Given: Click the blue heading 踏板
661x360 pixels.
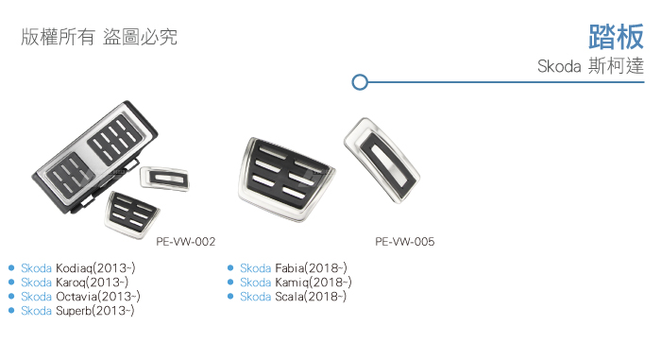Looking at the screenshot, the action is click(616, 37).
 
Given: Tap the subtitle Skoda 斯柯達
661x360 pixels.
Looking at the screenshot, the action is click(590, 66).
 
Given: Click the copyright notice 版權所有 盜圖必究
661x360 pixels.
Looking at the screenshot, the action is click(99, 37).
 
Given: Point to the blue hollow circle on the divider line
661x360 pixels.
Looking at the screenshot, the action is click(360, 82).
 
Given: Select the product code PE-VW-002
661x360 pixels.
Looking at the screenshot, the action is click(185, 242).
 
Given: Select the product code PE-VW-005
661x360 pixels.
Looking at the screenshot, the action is click(405, 242).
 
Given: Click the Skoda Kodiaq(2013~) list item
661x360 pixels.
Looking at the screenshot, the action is click(78, 268).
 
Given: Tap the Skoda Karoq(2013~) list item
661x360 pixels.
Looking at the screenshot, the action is click(75, 282).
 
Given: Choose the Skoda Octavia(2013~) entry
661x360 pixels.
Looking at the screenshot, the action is click(80, 297).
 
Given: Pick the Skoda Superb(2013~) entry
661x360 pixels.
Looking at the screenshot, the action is click(77, 311).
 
